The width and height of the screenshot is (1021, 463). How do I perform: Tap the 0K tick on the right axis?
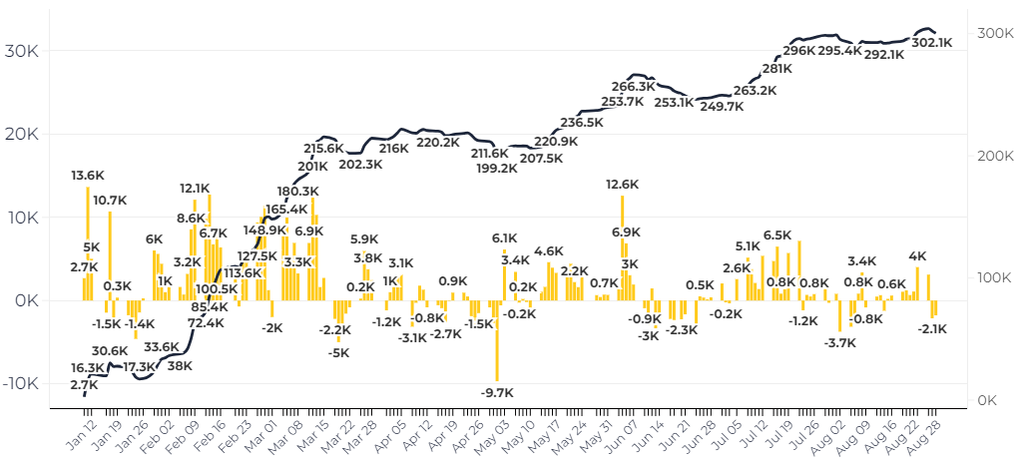pos(989,400)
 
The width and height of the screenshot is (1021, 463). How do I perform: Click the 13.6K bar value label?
pos(87,176)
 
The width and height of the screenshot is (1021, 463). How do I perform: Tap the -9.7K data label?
pos(496,392)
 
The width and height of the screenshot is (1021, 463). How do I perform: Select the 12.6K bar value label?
pos(622,184)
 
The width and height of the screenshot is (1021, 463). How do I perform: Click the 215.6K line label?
pos(323,148)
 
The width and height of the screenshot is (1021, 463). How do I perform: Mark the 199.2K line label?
pos(496,169)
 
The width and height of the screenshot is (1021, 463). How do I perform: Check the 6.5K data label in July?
pos(777,235)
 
